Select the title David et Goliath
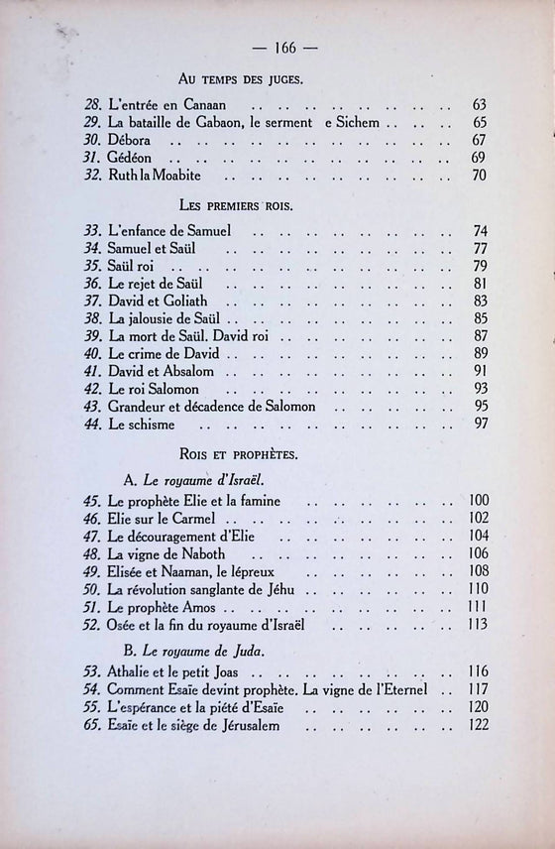160,302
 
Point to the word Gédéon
129,159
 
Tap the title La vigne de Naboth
160,554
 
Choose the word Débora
129,140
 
